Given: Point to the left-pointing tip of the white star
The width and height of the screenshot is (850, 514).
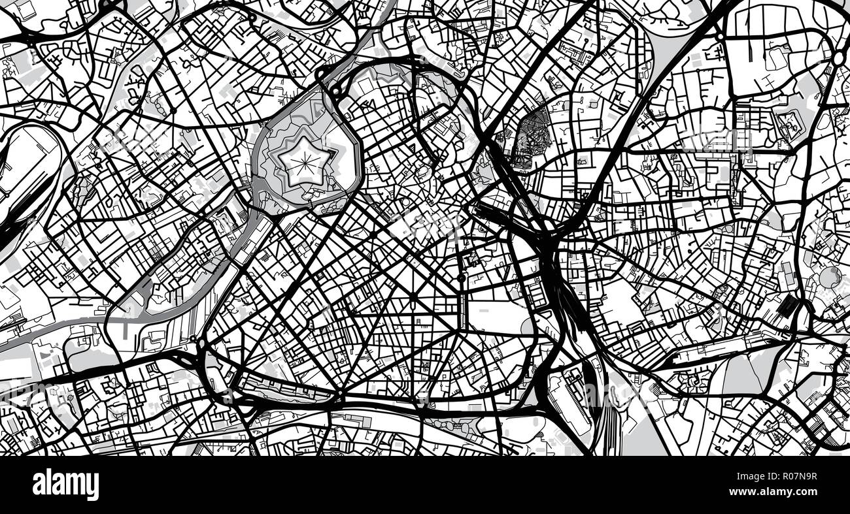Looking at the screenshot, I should coord(278,155).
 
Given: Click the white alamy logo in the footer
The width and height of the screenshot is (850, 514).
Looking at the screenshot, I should coord(65,485).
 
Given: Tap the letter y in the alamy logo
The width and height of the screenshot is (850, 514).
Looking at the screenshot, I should coord(93,487).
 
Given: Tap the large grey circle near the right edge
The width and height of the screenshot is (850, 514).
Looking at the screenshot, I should coord(828,277).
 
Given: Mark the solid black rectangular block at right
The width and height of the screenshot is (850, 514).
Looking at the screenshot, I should coord(789,306).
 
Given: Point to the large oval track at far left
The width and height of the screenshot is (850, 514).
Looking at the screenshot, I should coord(29,170).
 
